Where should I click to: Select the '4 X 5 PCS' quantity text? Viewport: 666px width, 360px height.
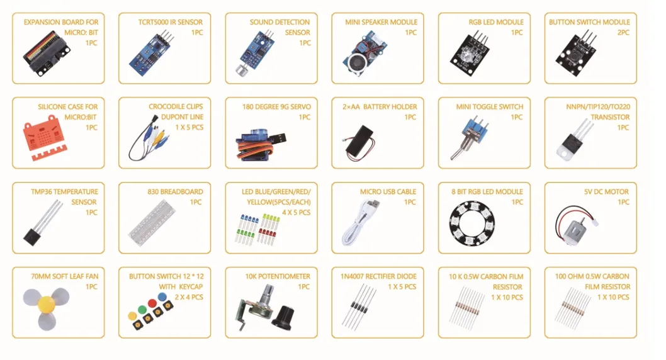point(296,213)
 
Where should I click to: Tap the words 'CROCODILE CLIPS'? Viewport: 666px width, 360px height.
point(176,107)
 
